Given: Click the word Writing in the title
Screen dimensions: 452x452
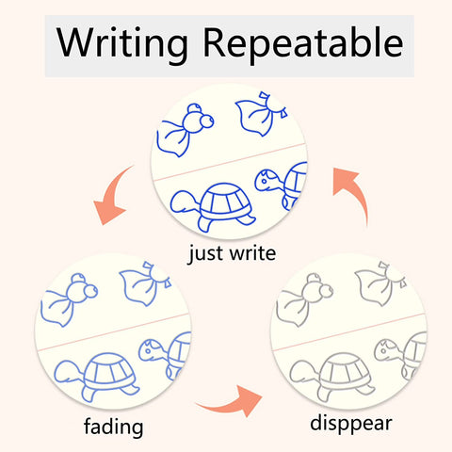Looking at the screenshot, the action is point(122,43).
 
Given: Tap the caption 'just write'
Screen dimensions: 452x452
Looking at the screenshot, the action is point(232,253).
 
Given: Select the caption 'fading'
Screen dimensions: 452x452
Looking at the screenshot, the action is point(114,427).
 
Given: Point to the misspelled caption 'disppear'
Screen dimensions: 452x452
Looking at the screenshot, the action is point(351,424).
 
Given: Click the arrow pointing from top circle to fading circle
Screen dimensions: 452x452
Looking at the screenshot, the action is point(111,196).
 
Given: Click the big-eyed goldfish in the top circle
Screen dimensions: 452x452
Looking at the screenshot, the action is point(186,130).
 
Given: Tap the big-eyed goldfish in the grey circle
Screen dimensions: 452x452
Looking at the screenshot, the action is point(304,299).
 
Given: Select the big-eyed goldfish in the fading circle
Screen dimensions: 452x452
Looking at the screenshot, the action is point(69,299).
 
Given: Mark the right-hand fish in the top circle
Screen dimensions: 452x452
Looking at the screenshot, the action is point(261,114).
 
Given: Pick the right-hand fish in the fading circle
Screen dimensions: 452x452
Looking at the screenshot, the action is point(145,284).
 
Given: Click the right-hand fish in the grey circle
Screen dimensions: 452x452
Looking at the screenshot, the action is point(380,284).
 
